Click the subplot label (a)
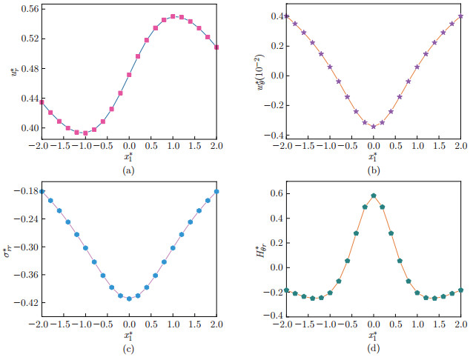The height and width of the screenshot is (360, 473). tap(128, 170)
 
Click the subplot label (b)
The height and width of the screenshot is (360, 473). tap(371, 170)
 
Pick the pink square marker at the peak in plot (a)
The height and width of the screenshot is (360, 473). tap(173, 16)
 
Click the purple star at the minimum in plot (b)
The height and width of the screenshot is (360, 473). tap(373, 127)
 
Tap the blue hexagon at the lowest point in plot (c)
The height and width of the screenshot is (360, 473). tap(129, 299)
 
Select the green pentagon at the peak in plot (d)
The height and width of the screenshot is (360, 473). tap(373, 196)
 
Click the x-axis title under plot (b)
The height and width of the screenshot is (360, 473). tap(371, 157)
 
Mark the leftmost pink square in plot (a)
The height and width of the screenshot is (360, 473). tap(42, 102)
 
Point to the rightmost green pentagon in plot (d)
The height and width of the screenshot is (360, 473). tap(460, 290)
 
